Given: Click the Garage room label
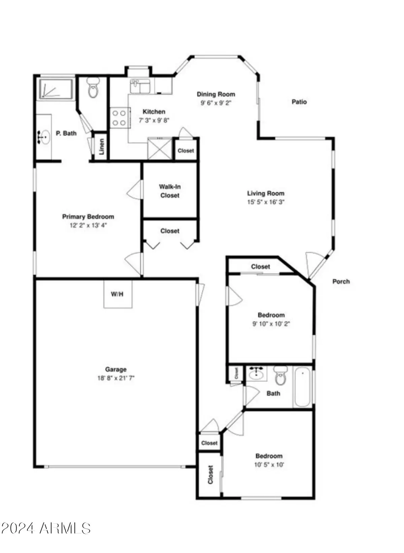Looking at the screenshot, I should [115, 369].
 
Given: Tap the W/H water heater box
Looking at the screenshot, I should [117, 294].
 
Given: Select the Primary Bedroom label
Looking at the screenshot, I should [88, 217].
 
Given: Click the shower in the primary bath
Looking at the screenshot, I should [56, 89].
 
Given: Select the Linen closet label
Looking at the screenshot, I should [102, 147].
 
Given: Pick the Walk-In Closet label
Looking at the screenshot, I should [170, 191].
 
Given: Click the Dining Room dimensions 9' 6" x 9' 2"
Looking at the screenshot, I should [216, 103].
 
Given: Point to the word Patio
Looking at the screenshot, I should [299, 102].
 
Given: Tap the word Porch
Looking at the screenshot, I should [341, 282].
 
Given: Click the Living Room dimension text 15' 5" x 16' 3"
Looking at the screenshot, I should [266, 202].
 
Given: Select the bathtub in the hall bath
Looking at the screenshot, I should [303, 387].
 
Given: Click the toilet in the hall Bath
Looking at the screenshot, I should [280, 376].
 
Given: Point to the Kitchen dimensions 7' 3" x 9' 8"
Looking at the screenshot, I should [154, 120].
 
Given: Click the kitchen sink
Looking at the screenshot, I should [141, 87].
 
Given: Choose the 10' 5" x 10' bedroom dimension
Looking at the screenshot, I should [269, 465].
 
